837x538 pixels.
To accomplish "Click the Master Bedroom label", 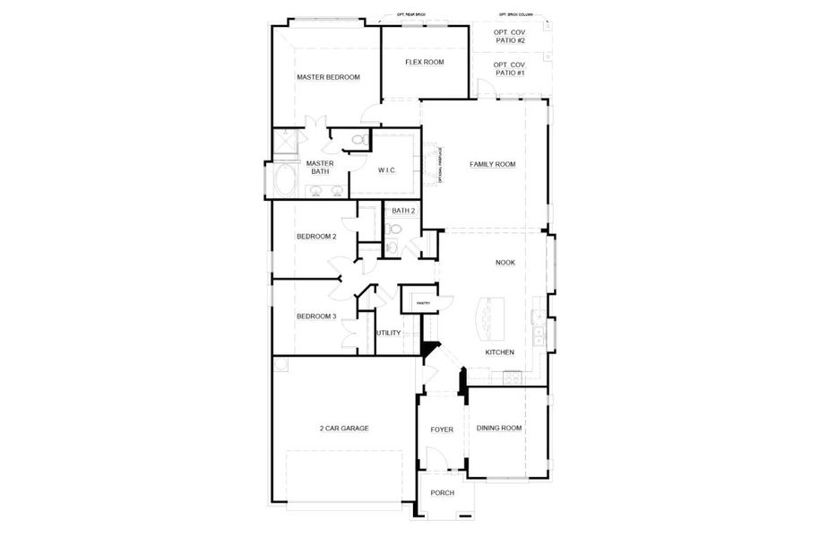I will point(328,78).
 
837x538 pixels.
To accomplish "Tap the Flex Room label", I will point(424,62).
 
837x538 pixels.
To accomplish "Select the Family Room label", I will point(493,165).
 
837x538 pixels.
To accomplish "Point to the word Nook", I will point(505,263).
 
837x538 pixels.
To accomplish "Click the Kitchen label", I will point(499,352).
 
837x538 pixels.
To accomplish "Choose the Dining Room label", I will point(498,429).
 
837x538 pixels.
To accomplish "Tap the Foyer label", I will point(442,430).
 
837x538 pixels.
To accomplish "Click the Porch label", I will point(442,493).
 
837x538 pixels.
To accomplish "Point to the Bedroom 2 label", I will point(316,237).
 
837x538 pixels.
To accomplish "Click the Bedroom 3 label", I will point(316,317).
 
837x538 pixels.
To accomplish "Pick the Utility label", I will point(388,333).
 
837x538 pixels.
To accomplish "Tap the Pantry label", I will point(423,303).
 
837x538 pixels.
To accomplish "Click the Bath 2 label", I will point(403,211).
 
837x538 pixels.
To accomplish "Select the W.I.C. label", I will point(387,169).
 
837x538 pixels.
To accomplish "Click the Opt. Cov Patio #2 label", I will point(509,37).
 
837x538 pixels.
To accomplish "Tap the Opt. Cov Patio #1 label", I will point(509,68).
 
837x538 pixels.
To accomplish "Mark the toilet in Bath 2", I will point(393,247).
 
